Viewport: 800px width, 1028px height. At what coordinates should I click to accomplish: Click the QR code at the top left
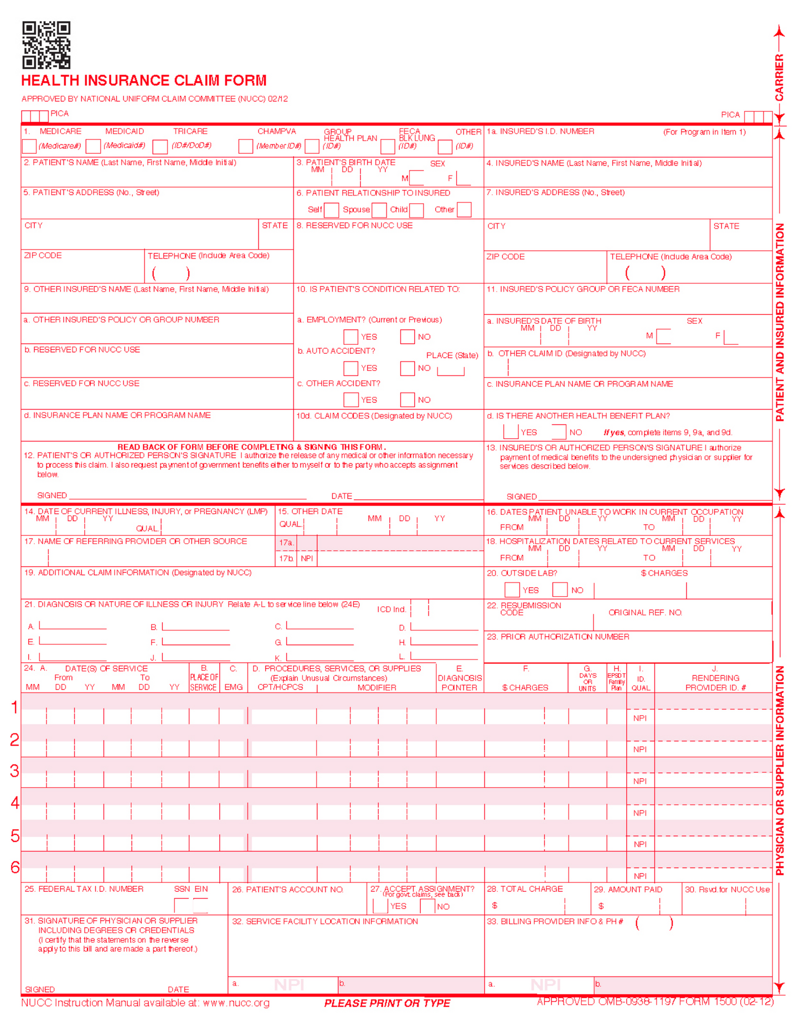47,45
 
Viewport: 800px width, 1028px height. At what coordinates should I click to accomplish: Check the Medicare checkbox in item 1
29,146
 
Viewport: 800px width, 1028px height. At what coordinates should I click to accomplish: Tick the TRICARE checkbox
160,146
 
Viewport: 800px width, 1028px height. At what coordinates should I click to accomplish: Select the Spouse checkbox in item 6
379,210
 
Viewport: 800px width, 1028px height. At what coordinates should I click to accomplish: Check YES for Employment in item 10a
350,337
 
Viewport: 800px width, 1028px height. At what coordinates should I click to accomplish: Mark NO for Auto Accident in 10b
407,368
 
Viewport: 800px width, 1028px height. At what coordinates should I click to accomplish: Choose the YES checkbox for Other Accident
350,400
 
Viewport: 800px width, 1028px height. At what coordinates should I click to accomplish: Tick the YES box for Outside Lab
512,590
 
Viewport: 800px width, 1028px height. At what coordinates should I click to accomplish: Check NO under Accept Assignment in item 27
427,906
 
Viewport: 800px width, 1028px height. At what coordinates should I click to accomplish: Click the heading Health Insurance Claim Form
144,81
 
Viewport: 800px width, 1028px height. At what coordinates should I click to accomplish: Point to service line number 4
15,803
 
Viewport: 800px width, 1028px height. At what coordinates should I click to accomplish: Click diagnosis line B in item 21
195,626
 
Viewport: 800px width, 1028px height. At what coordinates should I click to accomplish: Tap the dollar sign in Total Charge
494,906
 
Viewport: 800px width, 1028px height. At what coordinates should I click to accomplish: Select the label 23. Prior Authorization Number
558,637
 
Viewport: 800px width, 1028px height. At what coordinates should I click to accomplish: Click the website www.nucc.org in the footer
236,1003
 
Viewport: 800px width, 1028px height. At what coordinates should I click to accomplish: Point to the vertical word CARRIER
779,78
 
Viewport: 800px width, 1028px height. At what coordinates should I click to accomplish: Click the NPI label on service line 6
640,876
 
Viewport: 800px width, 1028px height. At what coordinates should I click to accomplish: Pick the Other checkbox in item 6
464,210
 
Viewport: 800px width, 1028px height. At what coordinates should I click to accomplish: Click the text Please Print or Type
387,1003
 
